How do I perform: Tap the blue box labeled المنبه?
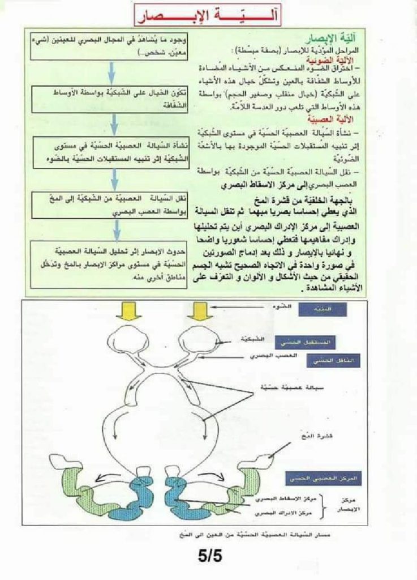pyautogui.click(x=315, y=309)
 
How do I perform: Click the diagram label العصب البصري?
pyautogui.click(x=266, y=356)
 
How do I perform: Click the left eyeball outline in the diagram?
pyautogui.click(x=128, y=340)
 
